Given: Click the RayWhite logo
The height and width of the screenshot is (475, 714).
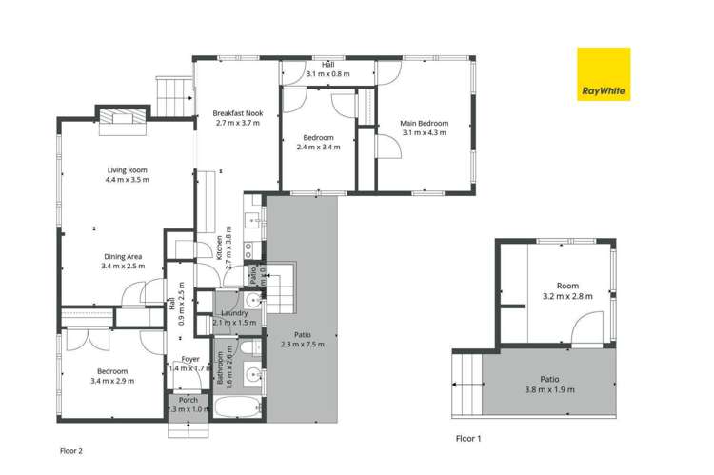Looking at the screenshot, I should (604, 74).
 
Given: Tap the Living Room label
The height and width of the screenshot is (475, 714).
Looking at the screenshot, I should (127, 175).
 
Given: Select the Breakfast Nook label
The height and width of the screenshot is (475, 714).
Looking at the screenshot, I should (238, 118).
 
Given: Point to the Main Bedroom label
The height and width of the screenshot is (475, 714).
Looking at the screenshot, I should (424, 128).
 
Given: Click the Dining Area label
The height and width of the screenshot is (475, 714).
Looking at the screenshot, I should (123, 262).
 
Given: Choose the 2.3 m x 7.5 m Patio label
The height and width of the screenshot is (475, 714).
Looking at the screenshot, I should (302, 340).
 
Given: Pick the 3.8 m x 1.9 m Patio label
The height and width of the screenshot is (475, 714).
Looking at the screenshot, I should (549, 384).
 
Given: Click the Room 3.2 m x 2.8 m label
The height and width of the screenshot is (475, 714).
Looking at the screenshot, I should (567, 291).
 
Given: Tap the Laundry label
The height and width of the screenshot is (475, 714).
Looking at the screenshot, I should (234, 318).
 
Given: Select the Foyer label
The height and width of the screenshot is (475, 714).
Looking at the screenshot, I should (190, 364).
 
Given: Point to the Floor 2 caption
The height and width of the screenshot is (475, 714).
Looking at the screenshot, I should (72, 451).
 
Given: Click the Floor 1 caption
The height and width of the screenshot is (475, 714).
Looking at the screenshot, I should (468, 440).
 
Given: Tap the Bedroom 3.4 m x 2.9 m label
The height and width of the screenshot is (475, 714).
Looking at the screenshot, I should (111, 376).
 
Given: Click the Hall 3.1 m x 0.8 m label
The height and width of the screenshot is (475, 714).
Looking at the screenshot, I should (328, 69).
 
